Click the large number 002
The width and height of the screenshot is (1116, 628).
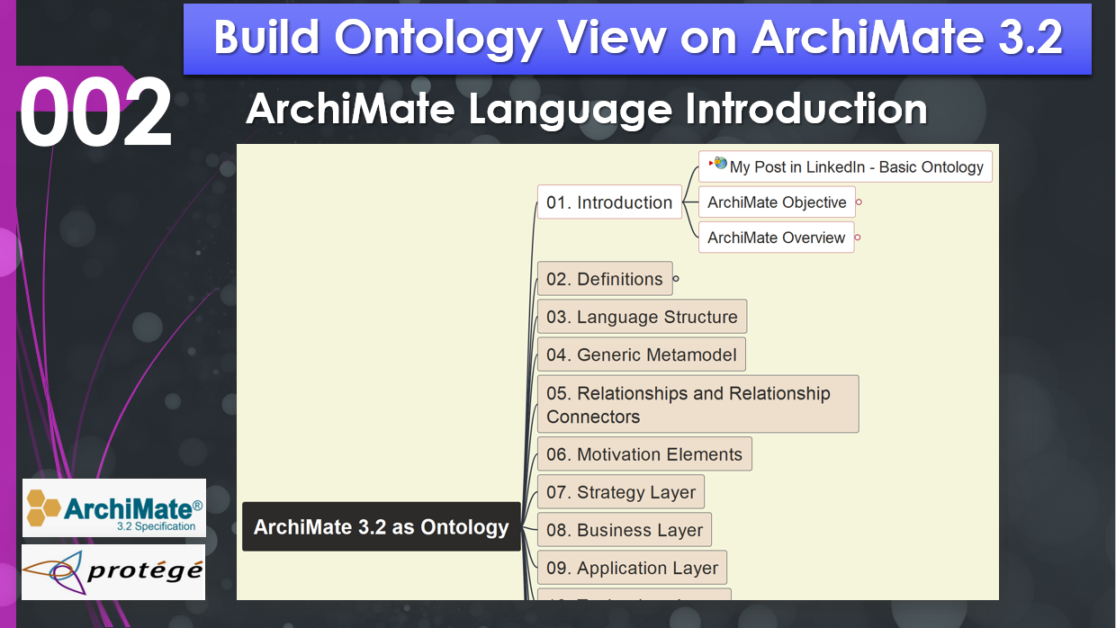95,112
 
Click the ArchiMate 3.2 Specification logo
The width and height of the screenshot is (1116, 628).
114,508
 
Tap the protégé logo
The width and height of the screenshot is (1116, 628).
113,571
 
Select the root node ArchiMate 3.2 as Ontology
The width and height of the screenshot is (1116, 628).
381,526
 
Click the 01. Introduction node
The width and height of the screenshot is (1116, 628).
609,202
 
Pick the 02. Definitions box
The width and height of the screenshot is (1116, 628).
605,278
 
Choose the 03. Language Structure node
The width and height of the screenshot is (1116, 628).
642,316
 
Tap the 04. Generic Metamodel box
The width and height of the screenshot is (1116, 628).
641,354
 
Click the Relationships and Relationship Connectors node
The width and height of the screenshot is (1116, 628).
698,404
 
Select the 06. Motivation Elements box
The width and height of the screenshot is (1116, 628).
644,453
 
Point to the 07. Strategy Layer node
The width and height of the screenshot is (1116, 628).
621,491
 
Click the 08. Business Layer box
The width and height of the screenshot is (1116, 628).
625,529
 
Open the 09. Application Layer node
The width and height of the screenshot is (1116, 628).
632,567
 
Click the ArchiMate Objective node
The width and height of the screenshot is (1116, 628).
777,202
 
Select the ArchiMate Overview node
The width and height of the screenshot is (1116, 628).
776,238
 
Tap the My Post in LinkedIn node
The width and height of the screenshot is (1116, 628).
845,166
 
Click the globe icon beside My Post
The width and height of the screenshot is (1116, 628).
720,162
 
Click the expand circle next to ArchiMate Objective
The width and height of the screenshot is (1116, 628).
859,202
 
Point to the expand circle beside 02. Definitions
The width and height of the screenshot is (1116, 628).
676,279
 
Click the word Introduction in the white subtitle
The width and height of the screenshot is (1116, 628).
806,109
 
